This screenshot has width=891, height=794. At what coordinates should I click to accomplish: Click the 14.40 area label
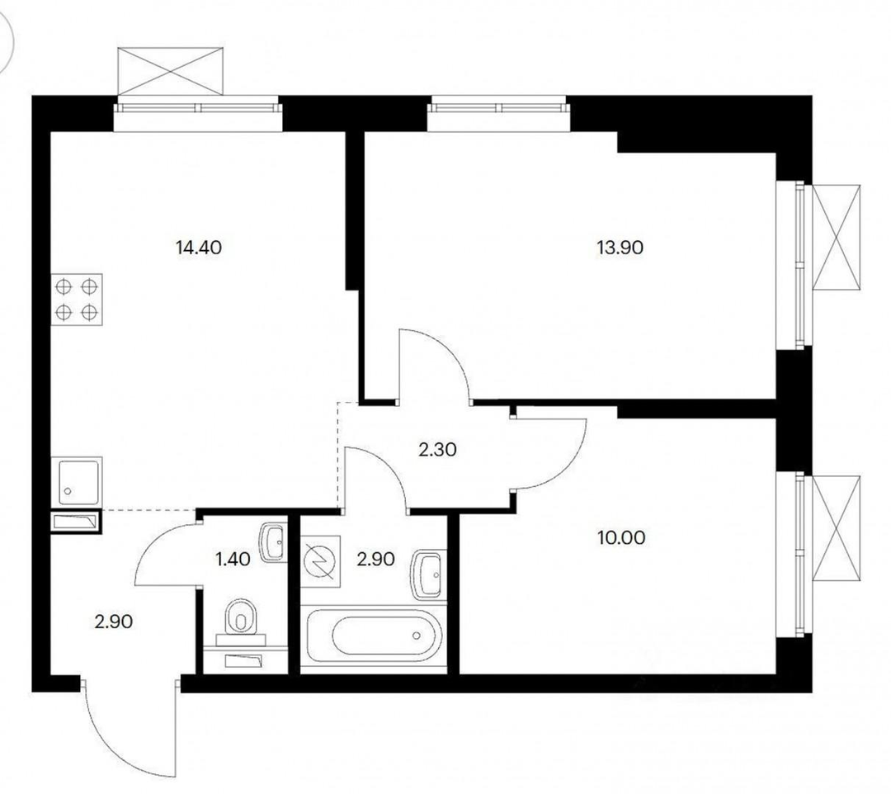pyautogui.click(x=199, y=248)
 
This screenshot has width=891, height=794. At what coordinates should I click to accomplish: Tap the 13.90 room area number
pyautogui.click(x=620, y=248)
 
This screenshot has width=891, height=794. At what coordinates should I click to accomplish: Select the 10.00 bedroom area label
pyautogui.click(x=622, y=537)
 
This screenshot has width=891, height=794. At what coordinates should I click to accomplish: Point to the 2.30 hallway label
pyautogui.click(x=437, y=450)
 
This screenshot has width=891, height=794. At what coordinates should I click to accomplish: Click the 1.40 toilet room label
pyautogui.click(x=233, y=560)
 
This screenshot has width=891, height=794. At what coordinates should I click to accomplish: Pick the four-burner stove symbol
pyautogui.click(x=77, y=300)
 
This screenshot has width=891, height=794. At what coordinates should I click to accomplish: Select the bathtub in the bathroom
pyautogui.click(x=374, y=635)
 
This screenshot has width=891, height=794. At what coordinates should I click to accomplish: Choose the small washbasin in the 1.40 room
pyautogui.click(x=274, y=543)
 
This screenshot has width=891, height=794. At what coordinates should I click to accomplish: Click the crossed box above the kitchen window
pyautogui.click(x=170, y=71)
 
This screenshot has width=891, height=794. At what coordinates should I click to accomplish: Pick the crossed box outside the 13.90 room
pyautogui.click(x=837, y=238)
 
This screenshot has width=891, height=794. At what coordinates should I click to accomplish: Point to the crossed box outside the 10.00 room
pyautogui.click(x=837, y=528)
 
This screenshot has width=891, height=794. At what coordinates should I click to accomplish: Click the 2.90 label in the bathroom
pyautogui.click(x=375, y=560)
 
